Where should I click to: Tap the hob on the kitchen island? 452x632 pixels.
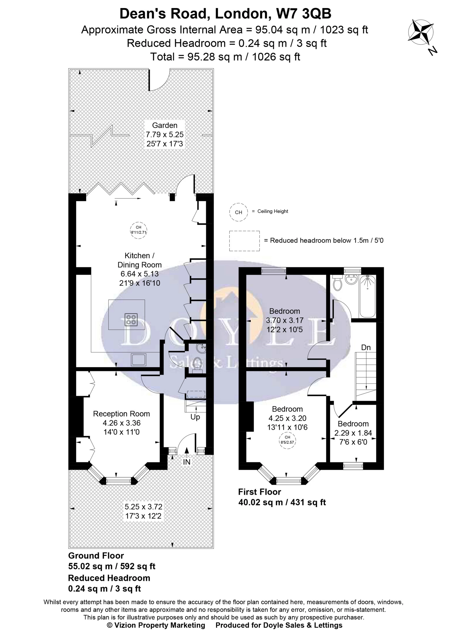click(x=131, y=320)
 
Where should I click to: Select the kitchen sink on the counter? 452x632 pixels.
click(x=139, y=360)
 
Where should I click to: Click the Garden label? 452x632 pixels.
click(x=165, y=125)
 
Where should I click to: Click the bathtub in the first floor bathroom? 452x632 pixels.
click(x=368, y=297)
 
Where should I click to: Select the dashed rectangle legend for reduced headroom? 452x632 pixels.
click(x=244, y=241)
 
